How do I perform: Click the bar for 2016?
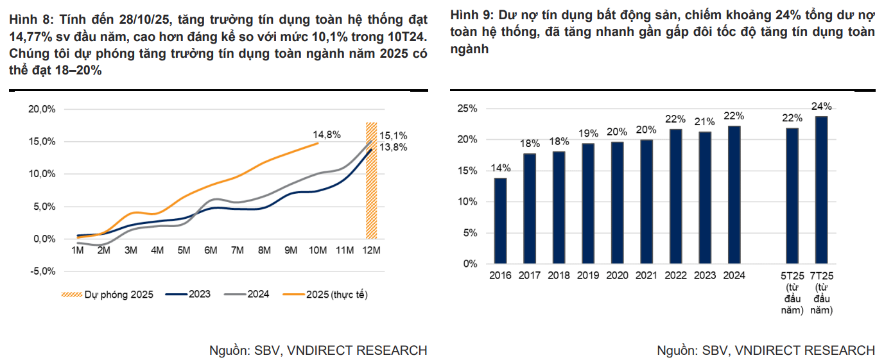[x=500, y=221]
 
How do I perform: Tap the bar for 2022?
[x=675, y=196]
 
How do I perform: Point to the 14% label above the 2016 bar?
[x=501, y=169]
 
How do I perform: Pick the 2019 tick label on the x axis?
[x=588, y=276]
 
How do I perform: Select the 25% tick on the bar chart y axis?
[x=467, y=108]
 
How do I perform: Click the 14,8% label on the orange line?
[x=327, y=135]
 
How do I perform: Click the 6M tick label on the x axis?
[x=211, y=250]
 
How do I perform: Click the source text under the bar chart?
[x=765, y=350]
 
